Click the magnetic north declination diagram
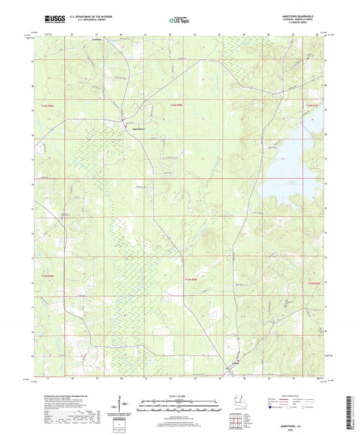(x=122, y=405)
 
